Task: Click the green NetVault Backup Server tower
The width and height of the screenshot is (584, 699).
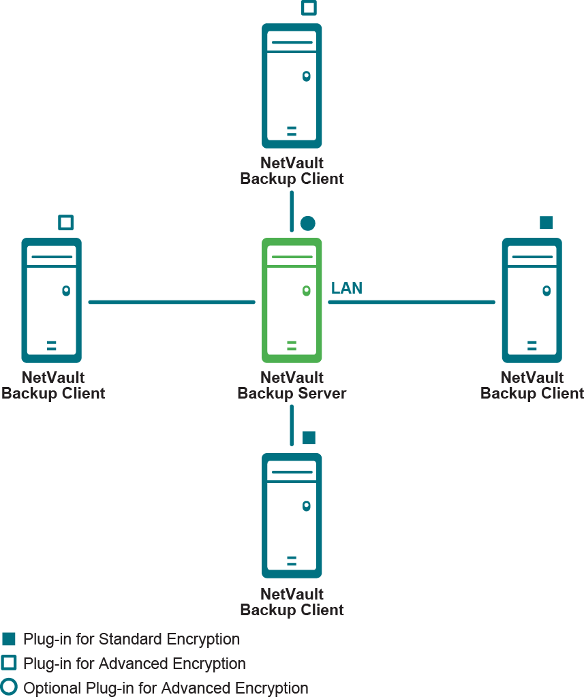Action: tap(292, 300)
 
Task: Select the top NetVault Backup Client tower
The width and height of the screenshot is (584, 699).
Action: tap(292, 86)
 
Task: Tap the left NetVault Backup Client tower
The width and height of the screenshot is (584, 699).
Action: tap(52, 300)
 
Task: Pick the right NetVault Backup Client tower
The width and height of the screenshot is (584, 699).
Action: tap(532, 300)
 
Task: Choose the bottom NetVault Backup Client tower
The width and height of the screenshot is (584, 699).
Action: tap(292, 515)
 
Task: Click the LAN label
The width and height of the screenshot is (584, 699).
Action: tap(347, 288)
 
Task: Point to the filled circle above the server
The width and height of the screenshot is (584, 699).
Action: tap(308, 223)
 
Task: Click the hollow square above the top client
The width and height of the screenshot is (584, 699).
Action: tap(309, 8)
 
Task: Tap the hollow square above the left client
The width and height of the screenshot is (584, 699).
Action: tap(65, 223)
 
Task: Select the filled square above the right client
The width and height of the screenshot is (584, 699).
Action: tap(546, 223)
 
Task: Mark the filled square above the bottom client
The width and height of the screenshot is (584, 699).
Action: tap(309, 437)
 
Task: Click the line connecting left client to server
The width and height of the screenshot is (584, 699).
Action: tap(172, 302)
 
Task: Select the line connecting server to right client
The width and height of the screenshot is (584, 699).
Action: tap(412, 302)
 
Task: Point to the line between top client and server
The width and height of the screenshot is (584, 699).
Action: tap(292, 211)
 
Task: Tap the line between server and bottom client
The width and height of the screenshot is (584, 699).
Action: tap(292, 425)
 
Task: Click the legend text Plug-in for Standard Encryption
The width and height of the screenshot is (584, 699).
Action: tap(132, 639)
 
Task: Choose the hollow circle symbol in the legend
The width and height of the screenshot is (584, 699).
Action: tap(9, 687)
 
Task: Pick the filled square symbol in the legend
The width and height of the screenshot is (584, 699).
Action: tap(9, 639)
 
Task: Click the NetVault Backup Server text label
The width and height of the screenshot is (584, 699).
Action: tap(292, 386)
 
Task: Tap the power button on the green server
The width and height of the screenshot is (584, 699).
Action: tap(307, 291)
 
